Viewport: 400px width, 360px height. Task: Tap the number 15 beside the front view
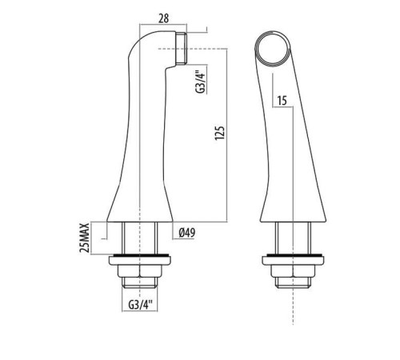pos(281,100)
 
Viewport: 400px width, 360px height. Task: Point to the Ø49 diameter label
pos(188,233)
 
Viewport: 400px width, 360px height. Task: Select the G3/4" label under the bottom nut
pos(144,305)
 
